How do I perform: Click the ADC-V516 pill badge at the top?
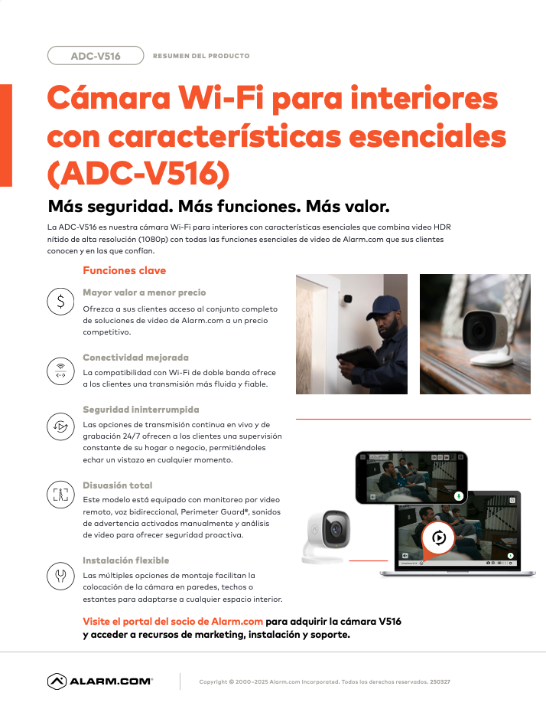click(96, 56)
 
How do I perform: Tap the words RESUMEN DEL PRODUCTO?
click(201, 56)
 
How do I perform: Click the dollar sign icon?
click(60, 301)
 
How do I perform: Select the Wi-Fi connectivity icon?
click(60, 371)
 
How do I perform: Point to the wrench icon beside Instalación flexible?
click(60, 576)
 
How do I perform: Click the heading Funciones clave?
click(124, 270)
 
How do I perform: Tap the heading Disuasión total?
click(118, 485)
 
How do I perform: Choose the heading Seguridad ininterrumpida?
click(141, 410)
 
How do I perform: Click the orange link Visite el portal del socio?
click(173, 621)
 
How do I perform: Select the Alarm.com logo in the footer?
click(100, 681)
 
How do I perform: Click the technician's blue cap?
click(383, 305)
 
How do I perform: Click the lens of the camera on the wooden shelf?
click(479, 330)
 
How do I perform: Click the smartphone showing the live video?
click(411, 477)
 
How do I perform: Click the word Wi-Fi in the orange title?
click(221, 97)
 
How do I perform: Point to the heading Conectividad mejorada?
click(135, 358)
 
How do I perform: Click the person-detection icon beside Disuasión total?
click(60, 495)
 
